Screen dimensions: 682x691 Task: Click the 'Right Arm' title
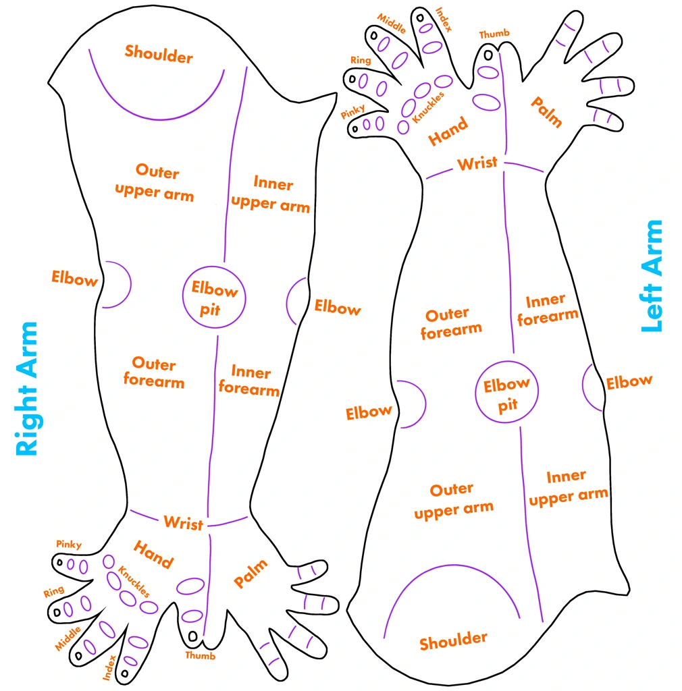pos(27,389)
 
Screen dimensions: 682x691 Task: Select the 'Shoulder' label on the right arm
pos(159,54)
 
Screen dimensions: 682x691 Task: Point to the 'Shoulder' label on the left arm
pos(453,641)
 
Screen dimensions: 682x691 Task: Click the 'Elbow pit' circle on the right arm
pos(183,297)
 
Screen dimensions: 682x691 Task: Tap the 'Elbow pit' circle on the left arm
pos(475,392)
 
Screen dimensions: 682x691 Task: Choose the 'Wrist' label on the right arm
pos(184,523)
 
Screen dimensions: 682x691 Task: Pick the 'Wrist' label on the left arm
pos(477,163)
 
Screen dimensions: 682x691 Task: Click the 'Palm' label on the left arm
pos(546,112)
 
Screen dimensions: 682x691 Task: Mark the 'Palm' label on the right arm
pos(251,573)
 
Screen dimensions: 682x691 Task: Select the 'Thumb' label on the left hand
pos(494,34)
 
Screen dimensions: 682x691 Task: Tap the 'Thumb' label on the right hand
pos(200,655)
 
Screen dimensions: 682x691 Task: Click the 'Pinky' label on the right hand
pos(69,545)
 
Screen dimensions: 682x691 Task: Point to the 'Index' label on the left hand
pos(444,20)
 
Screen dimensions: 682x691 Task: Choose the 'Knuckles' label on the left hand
pos(428,107)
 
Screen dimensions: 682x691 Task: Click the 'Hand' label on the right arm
pos(153,554)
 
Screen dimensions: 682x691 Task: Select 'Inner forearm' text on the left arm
pos(547,310)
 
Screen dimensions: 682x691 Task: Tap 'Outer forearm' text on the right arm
pos(153,372)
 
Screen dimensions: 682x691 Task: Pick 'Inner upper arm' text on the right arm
pos(271,194)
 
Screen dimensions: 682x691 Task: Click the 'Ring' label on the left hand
pos(361,60)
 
